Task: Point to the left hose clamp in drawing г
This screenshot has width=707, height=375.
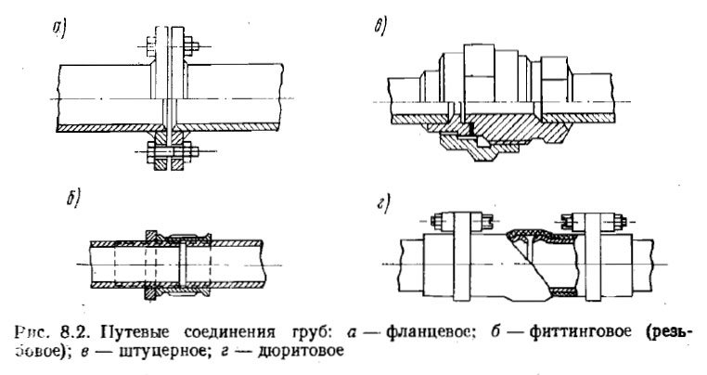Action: click(459, 255)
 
